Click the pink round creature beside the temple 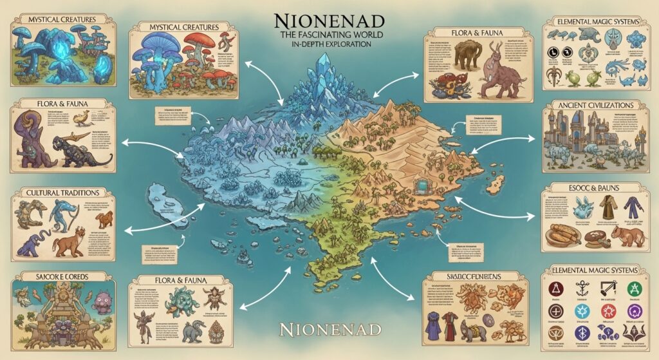pos(103,300)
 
